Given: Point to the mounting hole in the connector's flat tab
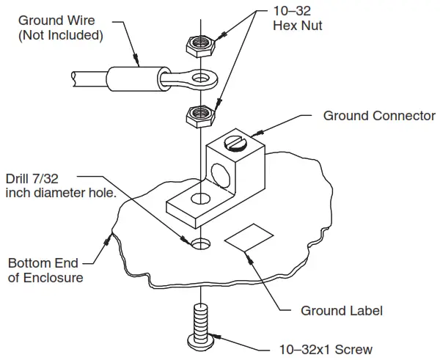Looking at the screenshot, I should point(197,199).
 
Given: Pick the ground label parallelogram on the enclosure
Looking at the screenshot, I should point(249,238).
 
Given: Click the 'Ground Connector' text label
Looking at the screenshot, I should point(379,116).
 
